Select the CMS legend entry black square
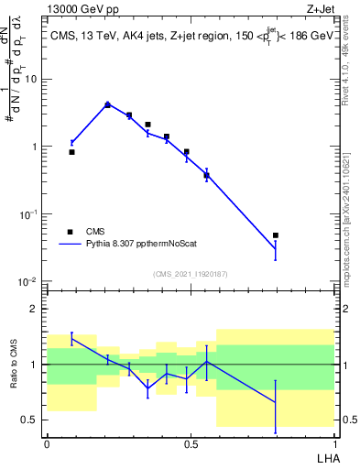[70, 232]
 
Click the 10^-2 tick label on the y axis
[31, 281]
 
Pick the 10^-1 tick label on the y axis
[31, 214]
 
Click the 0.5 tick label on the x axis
[190, 445]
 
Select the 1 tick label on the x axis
[333, 445]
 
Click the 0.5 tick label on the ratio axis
[31, 420]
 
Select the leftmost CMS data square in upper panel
[72, 152]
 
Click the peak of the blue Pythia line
[107, 104]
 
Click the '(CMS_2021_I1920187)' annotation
[190, 274]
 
